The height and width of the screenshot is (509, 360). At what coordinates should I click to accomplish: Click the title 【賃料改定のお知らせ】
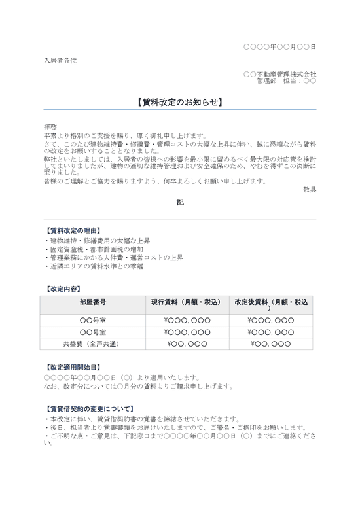click(180, 102)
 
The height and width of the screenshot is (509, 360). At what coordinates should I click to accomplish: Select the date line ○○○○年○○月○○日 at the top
click(279, 47)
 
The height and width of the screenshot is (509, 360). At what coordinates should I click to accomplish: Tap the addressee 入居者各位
click(60, 60)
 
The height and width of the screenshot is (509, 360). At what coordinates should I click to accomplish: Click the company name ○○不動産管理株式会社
click(279, 74)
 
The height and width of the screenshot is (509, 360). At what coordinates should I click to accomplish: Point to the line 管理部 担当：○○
click(286, 81)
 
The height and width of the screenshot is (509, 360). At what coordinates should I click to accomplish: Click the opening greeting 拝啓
click(51, 128)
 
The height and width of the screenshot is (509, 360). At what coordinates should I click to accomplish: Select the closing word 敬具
click(310, 189)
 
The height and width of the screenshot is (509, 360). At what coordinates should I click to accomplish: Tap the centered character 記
click(180, 203)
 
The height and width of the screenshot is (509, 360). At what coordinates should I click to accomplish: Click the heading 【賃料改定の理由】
click(73, 231)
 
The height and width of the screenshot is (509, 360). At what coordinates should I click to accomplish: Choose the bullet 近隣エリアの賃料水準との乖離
click(94, 266)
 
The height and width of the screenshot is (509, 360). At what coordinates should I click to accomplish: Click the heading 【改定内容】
click(63, 288)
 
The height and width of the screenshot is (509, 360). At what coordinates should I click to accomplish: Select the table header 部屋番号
click(92, 302)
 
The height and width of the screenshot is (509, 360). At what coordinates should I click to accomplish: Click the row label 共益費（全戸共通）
click(92, 343)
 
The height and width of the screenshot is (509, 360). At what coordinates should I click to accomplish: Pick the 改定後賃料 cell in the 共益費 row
click(271, 343)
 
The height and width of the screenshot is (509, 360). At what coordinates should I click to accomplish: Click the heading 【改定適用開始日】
click(73, 368)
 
